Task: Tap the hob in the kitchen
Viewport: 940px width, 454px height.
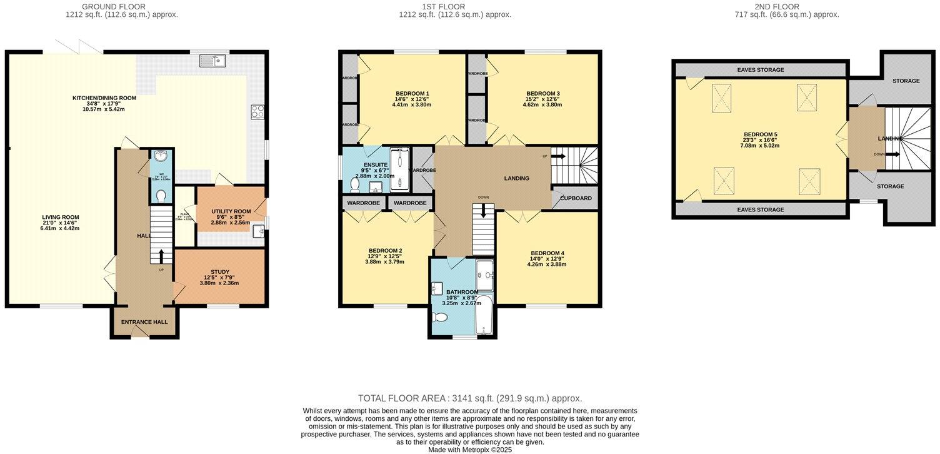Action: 257,112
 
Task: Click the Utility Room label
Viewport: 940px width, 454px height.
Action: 231,212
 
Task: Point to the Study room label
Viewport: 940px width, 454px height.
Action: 219,272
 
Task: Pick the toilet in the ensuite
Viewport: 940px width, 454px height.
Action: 354,184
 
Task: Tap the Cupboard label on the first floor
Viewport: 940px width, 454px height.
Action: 576,198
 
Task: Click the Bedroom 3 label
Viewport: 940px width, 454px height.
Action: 542,94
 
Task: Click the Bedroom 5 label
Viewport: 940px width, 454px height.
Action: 760,134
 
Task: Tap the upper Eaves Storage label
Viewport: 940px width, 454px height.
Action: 760,70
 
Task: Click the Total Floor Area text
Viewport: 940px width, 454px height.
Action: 469,398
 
